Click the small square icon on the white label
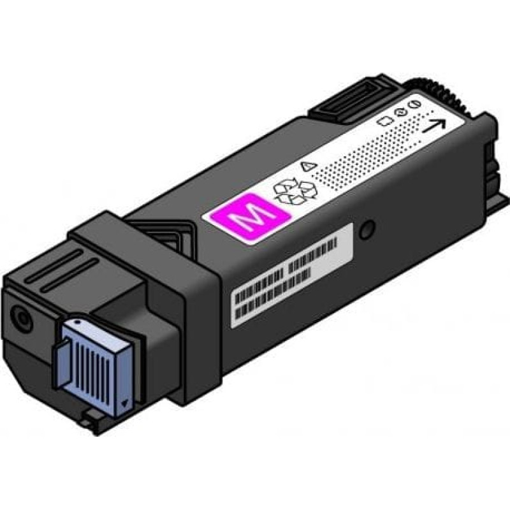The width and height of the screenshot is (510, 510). tap(384, 119)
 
